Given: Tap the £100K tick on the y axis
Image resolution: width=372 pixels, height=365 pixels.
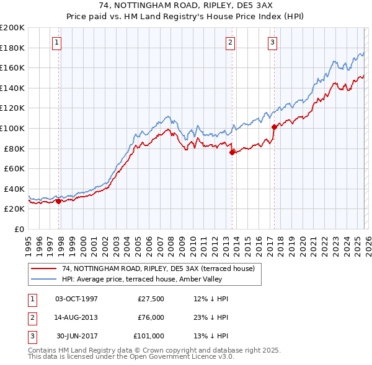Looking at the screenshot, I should coord(12,128).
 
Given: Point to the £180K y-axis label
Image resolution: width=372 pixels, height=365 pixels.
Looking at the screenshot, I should coord(12,48).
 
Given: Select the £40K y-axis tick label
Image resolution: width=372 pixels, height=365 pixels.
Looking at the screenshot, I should coord(14,189).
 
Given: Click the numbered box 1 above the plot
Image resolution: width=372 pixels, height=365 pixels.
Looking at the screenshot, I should coord(56,43).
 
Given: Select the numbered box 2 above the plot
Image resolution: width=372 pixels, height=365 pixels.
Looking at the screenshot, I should coord(230,43).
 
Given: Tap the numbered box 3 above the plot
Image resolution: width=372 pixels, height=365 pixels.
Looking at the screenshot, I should coord(272,43).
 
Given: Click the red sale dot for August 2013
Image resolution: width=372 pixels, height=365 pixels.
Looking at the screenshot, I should coord(232,152).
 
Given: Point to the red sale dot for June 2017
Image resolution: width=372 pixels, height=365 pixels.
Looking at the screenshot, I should coord(274,127).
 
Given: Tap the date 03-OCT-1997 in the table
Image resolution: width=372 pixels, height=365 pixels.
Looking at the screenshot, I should coord(76,299).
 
